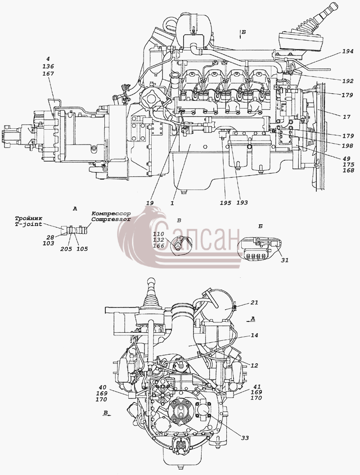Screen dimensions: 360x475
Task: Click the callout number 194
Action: tap(348, 51)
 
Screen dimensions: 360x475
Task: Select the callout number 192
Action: tap(348, 81)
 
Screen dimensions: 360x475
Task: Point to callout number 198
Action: tap(348, 146)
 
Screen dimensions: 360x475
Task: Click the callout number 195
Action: tap(225, 203)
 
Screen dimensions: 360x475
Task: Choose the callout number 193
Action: tap(242, 203)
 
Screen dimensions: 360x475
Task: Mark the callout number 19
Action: tap(150, 203)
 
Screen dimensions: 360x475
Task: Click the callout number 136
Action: tap(49, 66)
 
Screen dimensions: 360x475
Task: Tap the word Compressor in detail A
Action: tap(111, 219)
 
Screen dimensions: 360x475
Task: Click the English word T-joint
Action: tap(28, 224)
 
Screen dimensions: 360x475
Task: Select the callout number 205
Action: tap(66, 249)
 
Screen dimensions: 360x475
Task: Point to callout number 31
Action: tap(285, 260)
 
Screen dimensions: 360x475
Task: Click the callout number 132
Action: tap(159, 240)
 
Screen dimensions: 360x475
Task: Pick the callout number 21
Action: tap(254, 302)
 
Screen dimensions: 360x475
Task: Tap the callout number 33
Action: tap(245, 438)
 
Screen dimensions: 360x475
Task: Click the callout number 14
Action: tap(254, 335)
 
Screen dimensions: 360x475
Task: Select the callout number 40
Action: tap(103, 387)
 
